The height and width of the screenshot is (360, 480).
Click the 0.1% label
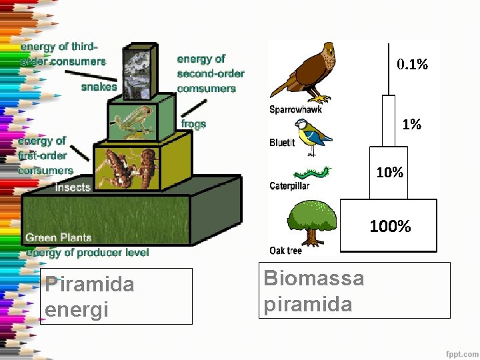click(412, 65)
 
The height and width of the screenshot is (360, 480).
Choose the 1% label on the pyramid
click(411, 124)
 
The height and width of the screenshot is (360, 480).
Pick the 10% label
click(389, 173)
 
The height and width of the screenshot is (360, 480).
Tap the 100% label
click(390, 227)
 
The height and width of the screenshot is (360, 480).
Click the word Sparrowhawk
click(295, 109)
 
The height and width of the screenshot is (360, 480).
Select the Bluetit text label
click(282, 143)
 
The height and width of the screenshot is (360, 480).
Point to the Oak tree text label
click(286, 251)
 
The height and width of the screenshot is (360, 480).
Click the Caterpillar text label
click(289, 186)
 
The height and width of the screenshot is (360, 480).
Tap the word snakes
click(99, 87)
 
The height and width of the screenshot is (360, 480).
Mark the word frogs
click(193, 124)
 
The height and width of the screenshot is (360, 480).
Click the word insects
click(73, 187)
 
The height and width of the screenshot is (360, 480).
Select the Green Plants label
click(59, 237)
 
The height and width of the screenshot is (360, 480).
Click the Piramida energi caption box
click(116, 296)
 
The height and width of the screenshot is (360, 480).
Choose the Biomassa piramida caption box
click(354, 291)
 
